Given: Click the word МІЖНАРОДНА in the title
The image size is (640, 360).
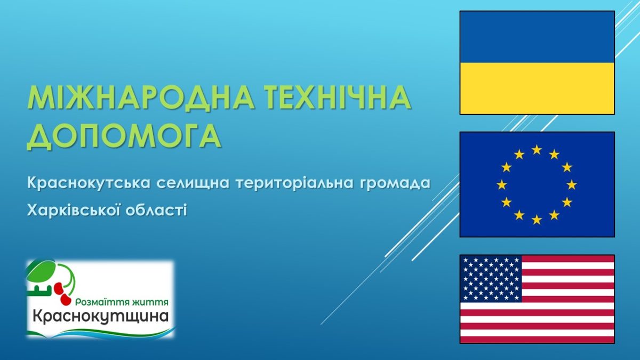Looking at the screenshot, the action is [x=141, y=98].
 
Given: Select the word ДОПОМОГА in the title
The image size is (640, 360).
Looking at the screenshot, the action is [x=124, y=135].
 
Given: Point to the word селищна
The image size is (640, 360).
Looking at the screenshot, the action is [x=194, y=183].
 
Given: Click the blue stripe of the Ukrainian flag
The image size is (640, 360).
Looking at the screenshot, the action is [x=537, y=37].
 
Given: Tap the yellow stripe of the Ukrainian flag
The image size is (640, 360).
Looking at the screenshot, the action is [x=537, y=89].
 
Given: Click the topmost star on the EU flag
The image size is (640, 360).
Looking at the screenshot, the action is [x=537, y=149].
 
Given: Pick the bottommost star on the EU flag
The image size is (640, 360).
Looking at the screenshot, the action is [x=537, y=219].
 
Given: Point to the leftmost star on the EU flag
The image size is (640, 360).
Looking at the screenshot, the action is [x=502, y=185].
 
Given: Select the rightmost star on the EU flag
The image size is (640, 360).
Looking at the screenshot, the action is [x=571, y=185].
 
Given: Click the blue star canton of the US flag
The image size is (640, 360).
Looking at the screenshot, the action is [x=491, y=279].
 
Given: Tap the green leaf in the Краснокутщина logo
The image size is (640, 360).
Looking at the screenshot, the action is [x=42, y=271].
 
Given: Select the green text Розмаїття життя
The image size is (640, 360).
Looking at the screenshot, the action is [x=122, y=302].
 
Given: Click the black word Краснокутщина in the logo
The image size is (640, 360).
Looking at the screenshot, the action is [x=100, y=317].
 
